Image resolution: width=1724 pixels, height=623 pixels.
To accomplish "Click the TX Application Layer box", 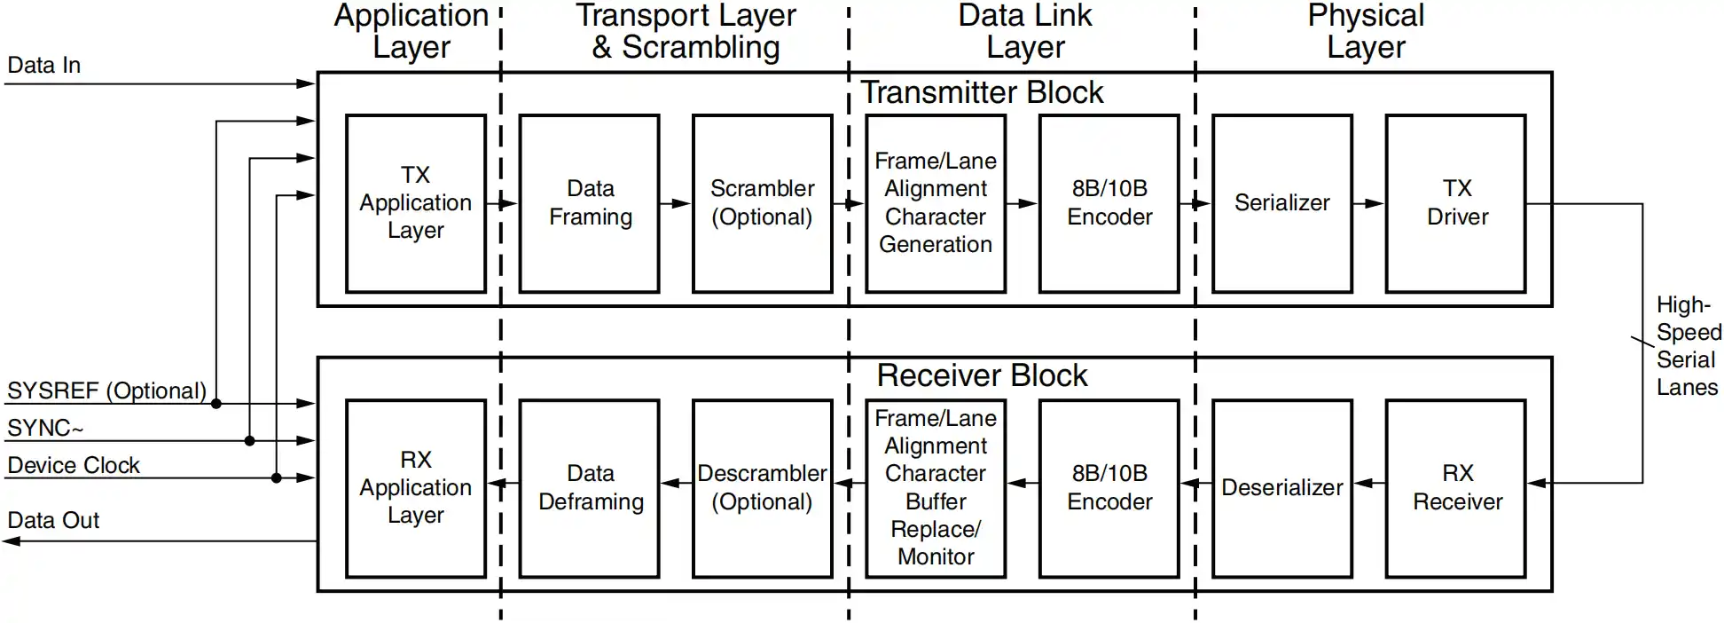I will [x=415, y=203].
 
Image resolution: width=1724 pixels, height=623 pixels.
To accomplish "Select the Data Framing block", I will [x=590, y=203].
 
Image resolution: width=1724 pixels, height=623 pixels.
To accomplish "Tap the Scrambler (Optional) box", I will [x=762, y=203].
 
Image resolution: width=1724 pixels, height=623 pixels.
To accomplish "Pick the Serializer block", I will [x=1281, y=203].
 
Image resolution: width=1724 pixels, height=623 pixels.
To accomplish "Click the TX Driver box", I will [x=1456, y=203].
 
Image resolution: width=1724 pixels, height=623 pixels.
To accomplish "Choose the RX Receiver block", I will [x=1456, y=488].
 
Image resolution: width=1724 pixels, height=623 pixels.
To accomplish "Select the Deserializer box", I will [x=1281, y=488].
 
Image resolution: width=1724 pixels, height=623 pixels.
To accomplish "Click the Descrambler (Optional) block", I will [x=762, y=488].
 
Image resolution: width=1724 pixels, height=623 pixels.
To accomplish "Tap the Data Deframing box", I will [x=590, y=488].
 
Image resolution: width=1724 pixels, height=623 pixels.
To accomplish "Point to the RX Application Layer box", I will [x=415, y=488].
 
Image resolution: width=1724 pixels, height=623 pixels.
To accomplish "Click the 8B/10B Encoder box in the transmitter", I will [x=1109, y=203].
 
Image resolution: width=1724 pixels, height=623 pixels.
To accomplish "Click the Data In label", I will [x=44, y=66].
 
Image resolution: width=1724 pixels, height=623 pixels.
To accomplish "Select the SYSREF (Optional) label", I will [x=106, y=391].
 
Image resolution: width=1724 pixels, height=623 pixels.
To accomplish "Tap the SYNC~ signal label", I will [x=45, y=429].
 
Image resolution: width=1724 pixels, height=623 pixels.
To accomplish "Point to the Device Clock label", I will [x=74, y=466].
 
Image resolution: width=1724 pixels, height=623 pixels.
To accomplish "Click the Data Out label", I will [x=53, y=521].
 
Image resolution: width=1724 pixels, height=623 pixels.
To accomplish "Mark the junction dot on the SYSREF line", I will [x=216, y=404].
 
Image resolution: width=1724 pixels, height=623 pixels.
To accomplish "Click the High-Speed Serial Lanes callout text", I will [x=1688, y=346].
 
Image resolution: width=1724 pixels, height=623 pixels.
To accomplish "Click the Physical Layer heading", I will [x=1366, y=31].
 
